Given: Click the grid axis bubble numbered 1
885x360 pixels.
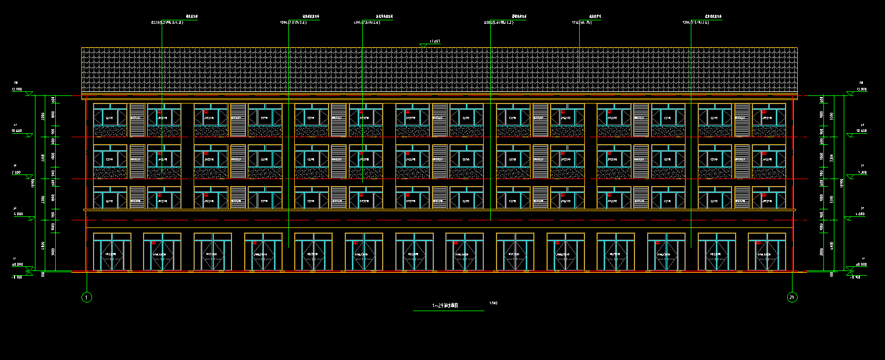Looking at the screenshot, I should (x=87, y=297).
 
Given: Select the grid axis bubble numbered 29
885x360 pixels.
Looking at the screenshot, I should (x=792, y=297).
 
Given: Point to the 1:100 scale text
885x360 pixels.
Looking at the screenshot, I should (x=494, y=302).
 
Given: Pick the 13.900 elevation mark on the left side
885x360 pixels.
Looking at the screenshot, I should (x=16, y=90).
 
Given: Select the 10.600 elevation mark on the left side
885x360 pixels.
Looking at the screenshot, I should (x=16, y=131).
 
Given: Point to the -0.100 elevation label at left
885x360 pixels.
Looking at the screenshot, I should (x=16, y=277).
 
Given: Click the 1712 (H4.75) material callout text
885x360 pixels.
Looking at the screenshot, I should (x=581, y=22).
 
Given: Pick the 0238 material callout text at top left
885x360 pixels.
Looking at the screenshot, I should (x=167, y=22).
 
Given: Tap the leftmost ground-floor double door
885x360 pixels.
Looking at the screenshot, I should (x=110, y=252).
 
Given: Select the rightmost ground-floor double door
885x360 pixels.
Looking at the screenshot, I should (x=767, y=252).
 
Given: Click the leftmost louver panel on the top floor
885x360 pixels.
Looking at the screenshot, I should (x=137, y=120).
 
